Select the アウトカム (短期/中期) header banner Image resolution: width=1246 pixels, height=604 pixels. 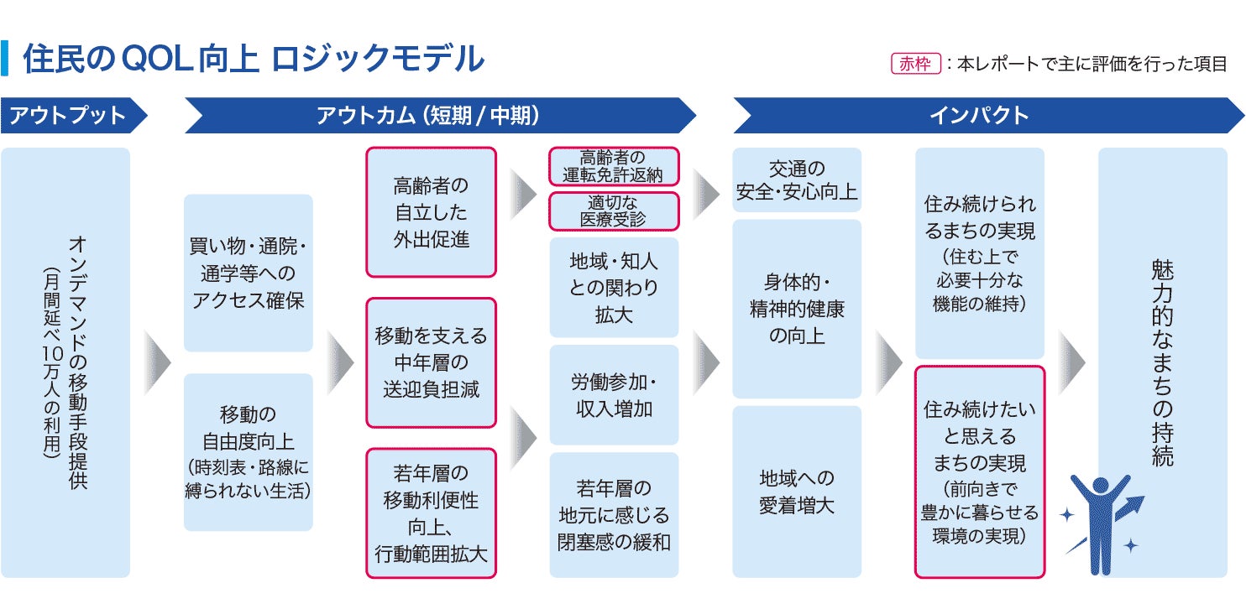(439, 115)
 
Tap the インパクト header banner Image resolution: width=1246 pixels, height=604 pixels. (987, 115)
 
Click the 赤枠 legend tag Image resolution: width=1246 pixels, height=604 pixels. (915, 64)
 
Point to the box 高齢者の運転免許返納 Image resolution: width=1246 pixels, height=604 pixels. (614, 166)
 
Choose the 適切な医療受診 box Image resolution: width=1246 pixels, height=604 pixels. (614, 211)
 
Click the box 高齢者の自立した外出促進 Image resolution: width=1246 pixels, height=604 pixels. (431, 211)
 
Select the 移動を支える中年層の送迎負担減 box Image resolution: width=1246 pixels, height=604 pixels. (431, 362)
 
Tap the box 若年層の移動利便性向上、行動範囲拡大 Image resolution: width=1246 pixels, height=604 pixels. (431, 513)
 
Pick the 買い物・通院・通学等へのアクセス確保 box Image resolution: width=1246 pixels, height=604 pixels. (248, 273)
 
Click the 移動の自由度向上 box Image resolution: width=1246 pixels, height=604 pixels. (248, 452)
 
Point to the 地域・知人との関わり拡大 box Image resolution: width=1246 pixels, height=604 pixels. (614, 287)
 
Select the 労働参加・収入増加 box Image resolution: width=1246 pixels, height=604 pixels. (614, 394)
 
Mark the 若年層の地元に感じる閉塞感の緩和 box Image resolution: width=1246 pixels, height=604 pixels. (614, 515)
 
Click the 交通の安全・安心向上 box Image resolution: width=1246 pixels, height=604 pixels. (797, 180)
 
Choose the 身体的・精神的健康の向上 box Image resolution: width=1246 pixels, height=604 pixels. (797, 309)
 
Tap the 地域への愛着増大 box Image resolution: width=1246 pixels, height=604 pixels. (797, 492)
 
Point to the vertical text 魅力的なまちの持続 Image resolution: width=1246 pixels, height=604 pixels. (1163, 362)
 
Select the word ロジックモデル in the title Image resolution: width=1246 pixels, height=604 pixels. (378, 59)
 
